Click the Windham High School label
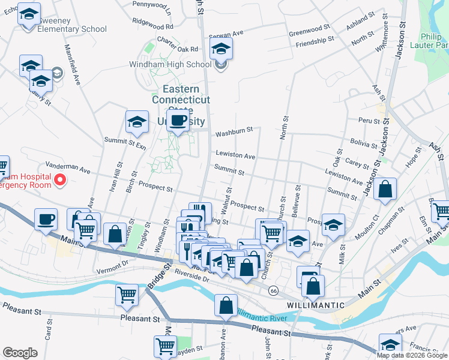pyautogui.click(x=170, y=64)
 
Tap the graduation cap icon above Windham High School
pyautogui.click(x=221, y=49)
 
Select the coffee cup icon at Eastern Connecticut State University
pyautogui.click(x=178, y=120)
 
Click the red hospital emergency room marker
pyautogui.click(x=60, y=179)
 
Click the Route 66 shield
pyautogui.click(x=274, y=290)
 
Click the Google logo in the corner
pyautogui.click(x=20, y=352)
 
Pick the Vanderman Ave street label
pyautogui.click(x=67, y=167)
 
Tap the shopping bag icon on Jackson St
pyautogui.click(x=385, y=188)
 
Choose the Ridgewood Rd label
pyautogui.click(x=153, y=27)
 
